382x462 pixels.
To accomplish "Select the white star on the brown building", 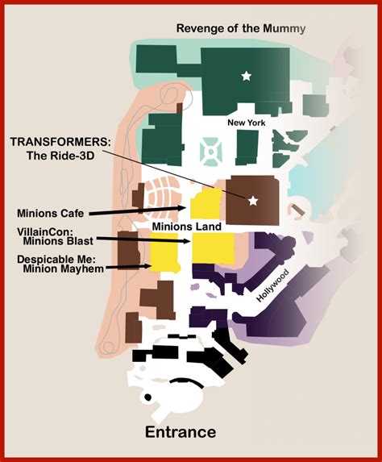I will (x=253, y=201).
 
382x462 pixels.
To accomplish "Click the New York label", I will (x=246, y=123).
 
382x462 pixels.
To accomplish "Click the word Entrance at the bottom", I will (x=181, y=433).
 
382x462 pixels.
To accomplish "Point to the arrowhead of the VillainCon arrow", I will (x=187, y=241).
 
